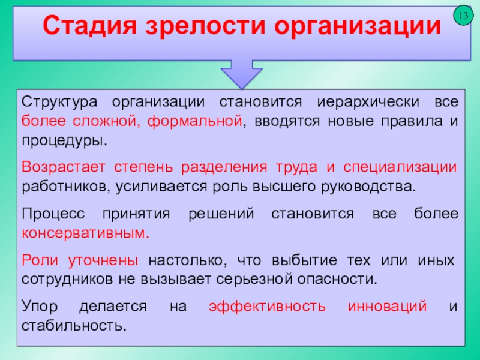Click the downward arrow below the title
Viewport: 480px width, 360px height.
tap(242, 74)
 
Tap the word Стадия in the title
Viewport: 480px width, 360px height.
tap(89, 26)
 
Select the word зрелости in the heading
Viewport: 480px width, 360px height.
tap(205, 26)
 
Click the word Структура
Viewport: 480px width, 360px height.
tap(59, 102)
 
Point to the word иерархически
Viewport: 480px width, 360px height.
tap(368, 102)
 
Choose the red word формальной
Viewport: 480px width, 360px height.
tap(195, 121)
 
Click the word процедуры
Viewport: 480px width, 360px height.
tap(65, 141)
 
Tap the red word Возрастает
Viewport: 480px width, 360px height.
tap(64, 167)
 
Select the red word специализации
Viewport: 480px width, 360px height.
tap(400, 167)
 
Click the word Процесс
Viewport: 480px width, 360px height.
tap(53, 214)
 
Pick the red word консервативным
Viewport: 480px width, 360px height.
tap(85, 233)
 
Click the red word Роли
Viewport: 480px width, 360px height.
tap(40, 260)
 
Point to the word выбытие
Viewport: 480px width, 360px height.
tap(304, 260)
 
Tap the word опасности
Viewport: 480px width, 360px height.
tap(337, 279)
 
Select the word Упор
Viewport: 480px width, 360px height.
tap(40, 306)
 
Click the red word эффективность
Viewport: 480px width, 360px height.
tap(267, 306)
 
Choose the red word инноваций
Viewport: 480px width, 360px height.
tap(387, 306)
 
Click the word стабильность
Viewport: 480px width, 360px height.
tap(74, 325)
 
